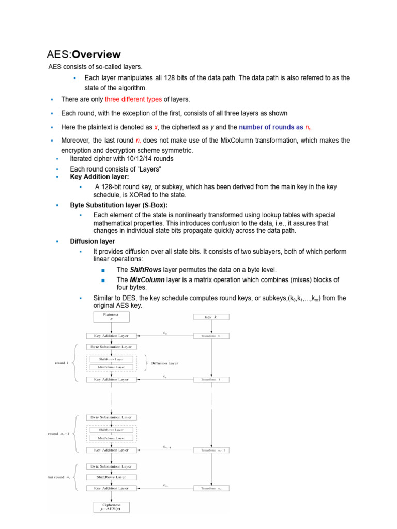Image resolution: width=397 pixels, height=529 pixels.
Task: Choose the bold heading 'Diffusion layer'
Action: [93, 241]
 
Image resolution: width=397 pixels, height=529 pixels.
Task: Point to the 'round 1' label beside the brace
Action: [62, 363]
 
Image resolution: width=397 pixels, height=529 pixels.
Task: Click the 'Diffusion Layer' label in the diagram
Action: [164, 363]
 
